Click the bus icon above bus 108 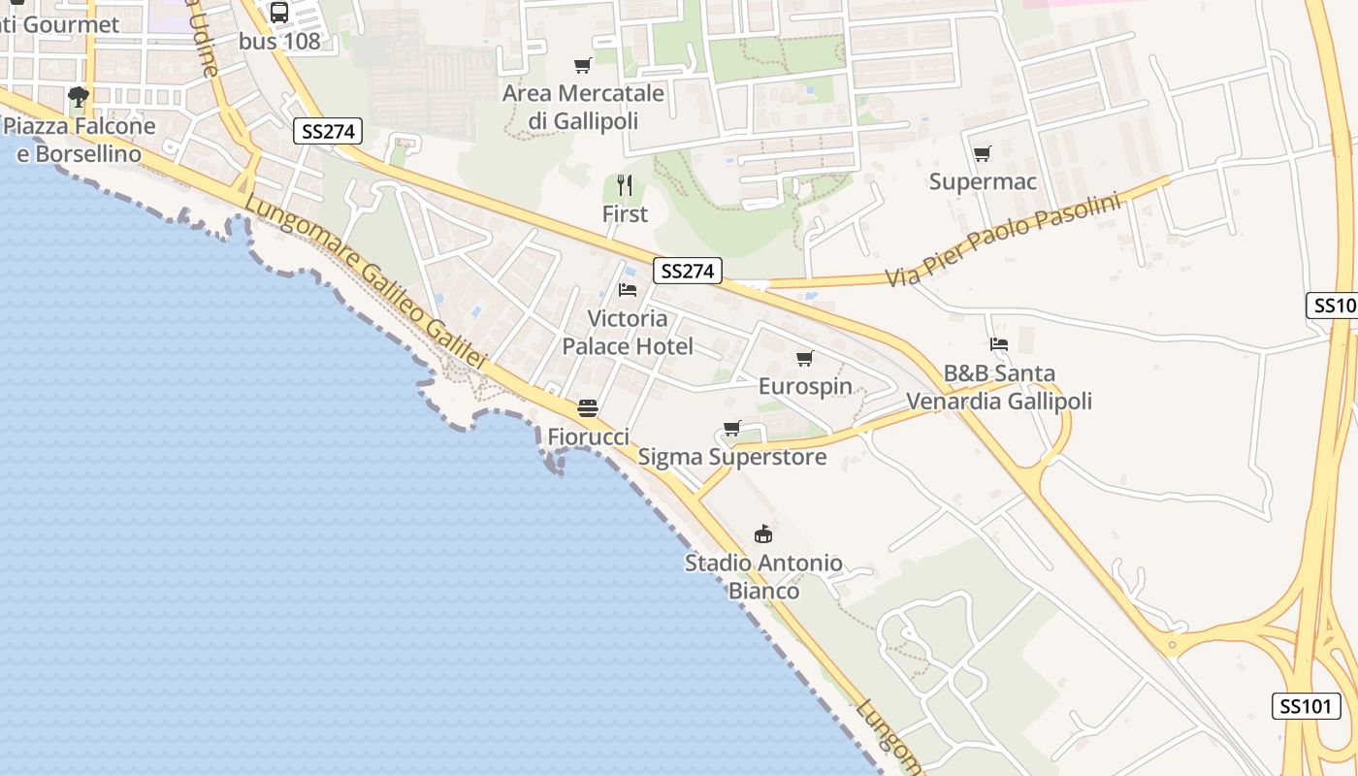click(279, 12)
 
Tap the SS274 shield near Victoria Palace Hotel click(688, 272)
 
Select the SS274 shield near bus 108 click(328, 132)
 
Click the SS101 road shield click(1306, 706)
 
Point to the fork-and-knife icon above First click(625, 184)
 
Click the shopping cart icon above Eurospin click(804, 359)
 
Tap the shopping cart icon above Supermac click(982, 153)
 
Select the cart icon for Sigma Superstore click(732, 429)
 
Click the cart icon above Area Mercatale click(582, 65)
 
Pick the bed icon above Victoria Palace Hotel click(628, 290)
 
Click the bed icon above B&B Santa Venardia click(999, 344)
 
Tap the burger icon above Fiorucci click(587, 408)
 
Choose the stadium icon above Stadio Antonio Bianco click(763, 534)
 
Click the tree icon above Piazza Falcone click(79, 97)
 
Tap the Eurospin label click(805, 387)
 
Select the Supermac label click(983, 181)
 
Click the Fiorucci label click(588, 436)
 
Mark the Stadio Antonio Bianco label click(763, 576)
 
